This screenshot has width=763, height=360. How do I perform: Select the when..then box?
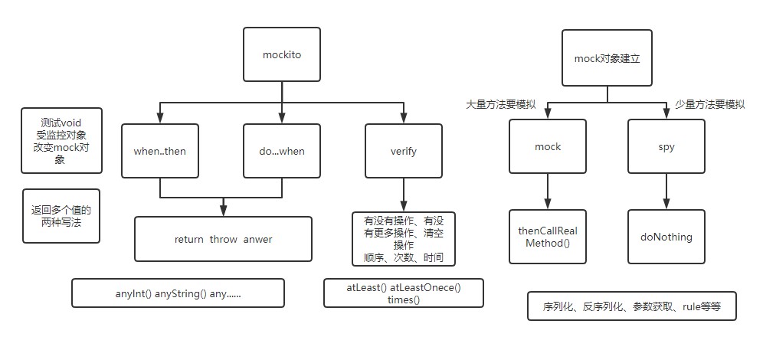click(159, 151)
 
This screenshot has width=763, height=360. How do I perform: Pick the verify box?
click(403, 151)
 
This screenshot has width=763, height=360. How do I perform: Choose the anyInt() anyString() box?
click(178, 293)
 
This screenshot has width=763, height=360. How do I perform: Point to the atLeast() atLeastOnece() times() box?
click(403, 293)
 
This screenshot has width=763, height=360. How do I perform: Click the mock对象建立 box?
click(607, 57)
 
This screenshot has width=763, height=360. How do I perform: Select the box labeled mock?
click(549, 146)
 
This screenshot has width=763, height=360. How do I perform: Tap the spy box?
click(665, 146)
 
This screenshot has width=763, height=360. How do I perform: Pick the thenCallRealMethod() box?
click(549, 237)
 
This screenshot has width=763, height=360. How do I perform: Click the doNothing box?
click(665, 237)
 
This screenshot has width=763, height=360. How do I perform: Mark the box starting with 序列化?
click(631, 306)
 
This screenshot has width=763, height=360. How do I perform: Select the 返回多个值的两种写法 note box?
click(61, 215)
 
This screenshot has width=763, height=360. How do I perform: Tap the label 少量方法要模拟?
click(709, 104)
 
